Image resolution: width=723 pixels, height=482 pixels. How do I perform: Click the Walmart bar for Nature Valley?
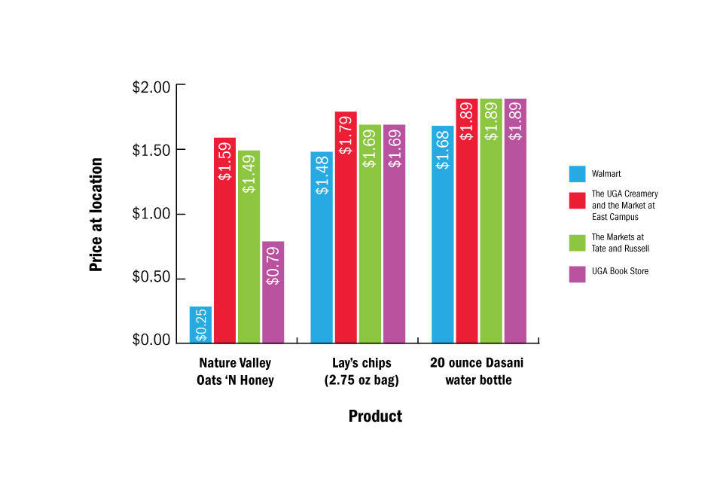click(x=200, y=325)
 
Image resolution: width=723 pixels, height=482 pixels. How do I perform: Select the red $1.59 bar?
click(x=224, y=241)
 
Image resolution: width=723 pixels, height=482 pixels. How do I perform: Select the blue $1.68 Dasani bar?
click(x=443, y=234)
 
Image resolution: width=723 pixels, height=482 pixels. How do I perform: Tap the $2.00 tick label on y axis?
click(x=151, y=87)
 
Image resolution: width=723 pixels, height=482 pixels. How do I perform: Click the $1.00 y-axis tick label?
click(x=151, y=215)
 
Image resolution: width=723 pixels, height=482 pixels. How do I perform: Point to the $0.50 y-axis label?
click(x=151, y=279)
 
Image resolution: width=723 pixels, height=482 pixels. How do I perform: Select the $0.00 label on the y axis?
click(x=151, y=340)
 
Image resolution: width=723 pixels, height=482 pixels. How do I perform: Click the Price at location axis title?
click(x=96, y=215)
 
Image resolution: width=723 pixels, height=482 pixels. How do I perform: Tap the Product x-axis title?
click(x=375, y=416)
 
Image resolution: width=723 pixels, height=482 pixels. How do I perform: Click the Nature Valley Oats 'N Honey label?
click(x=235, y=372)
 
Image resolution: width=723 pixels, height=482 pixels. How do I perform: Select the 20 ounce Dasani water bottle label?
click(x=477, y=372)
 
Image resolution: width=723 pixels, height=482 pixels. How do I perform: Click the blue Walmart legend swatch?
click(x=577, y=174)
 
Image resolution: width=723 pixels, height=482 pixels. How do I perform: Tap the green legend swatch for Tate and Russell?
click(x=577, y=243)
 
